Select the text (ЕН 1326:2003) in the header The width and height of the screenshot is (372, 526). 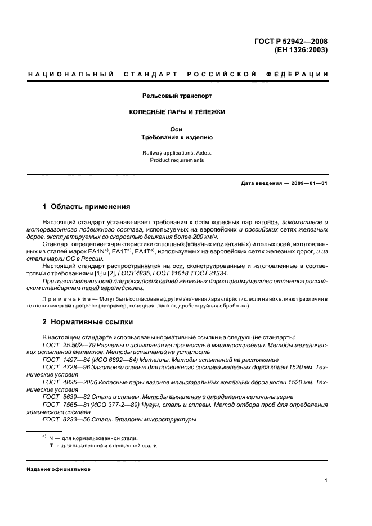point(301,49)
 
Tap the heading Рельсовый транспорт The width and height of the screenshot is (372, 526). point(177,96)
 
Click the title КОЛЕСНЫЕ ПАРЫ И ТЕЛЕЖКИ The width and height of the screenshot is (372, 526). point(177,112)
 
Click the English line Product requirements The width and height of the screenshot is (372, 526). point(177,160)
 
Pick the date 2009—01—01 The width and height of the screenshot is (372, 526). point(308,184)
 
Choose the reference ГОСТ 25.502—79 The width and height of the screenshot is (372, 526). point(67,344)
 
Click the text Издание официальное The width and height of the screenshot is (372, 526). point(59,469)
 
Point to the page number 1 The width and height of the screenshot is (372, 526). point(326,480)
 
